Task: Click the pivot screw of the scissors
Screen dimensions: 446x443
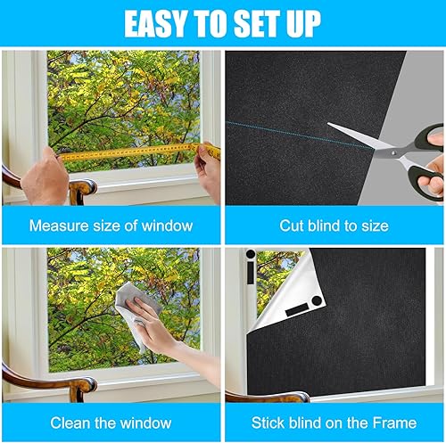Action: coord(393,153)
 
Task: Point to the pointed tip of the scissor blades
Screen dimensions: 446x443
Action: coord(328,124)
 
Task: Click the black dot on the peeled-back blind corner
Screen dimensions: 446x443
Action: coord(317,300)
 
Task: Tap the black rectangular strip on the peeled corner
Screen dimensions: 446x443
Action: coord(297,310)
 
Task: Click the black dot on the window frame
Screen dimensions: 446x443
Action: coord(251,254)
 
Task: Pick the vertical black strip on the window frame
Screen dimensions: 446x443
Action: coord(251,273)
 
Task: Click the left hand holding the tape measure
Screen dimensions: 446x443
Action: coord(45,176)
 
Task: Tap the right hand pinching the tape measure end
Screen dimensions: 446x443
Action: coord(208,172)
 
